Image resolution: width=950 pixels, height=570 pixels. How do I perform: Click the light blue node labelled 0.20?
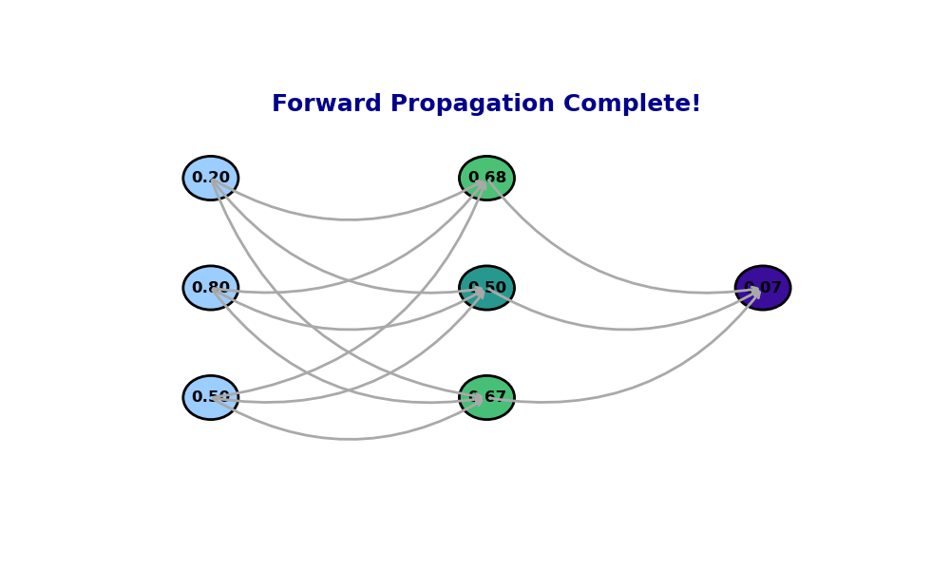tap(210, 178)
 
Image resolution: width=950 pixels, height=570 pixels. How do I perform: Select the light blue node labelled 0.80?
tap(210, 288)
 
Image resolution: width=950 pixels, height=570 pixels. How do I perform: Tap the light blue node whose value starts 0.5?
tap(210, 397)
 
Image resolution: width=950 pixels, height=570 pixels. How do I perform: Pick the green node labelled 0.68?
tap(486, 178)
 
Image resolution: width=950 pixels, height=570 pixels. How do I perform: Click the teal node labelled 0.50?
tap(486, 288)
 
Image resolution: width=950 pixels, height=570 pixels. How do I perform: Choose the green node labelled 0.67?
tap(486, 397)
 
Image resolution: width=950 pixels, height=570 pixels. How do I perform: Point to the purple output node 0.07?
tap(763, 288)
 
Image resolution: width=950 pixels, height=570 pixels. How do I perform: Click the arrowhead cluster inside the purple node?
tap(755, 294)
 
